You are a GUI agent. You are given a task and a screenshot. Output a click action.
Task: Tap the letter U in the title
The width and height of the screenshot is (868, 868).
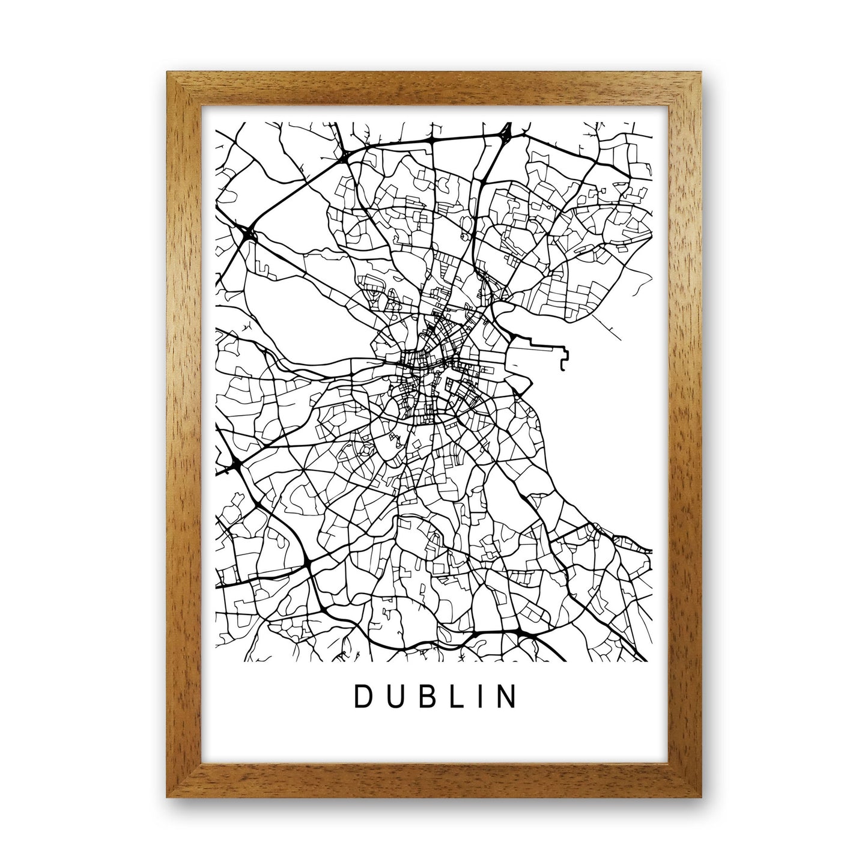click(392, 697)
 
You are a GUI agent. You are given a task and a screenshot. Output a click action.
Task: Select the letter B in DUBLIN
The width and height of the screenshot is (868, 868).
click(423, 697)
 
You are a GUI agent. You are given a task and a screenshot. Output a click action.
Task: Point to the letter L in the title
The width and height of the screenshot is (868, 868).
click(452, 697)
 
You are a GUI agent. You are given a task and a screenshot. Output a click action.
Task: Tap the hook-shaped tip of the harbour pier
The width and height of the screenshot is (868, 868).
click(563, 365)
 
